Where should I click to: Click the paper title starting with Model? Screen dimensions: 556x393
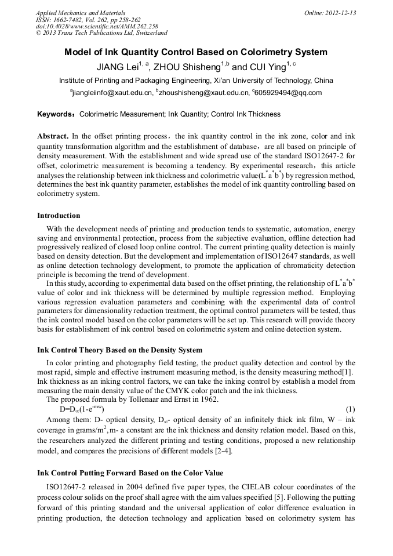(x=196, y=52)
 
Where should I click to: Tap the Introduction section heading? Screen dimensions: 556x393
(x=59, y=216)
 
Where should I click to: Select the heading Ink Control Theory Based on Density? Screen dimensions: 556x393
(x=119, y=350)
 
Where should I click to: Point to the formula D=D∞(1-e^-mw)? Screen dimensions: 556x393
(x=82, y=410)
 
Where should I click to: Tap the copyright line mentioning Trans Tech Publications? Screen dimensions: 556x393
(x=101, y=34)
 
